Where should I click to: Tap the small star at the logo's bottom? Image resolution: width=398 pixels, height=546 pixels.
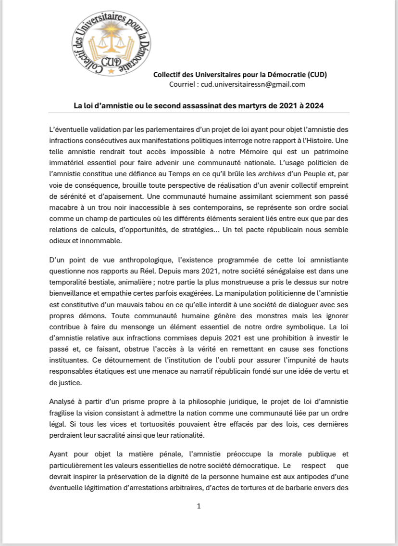(x=112, y=71)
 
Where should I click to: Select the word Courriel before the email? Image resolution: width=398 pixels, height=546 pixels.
(x=182, y=84)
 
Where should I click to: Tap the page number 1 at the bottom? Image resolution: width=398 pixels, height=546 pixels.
(x=199, y=506)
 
